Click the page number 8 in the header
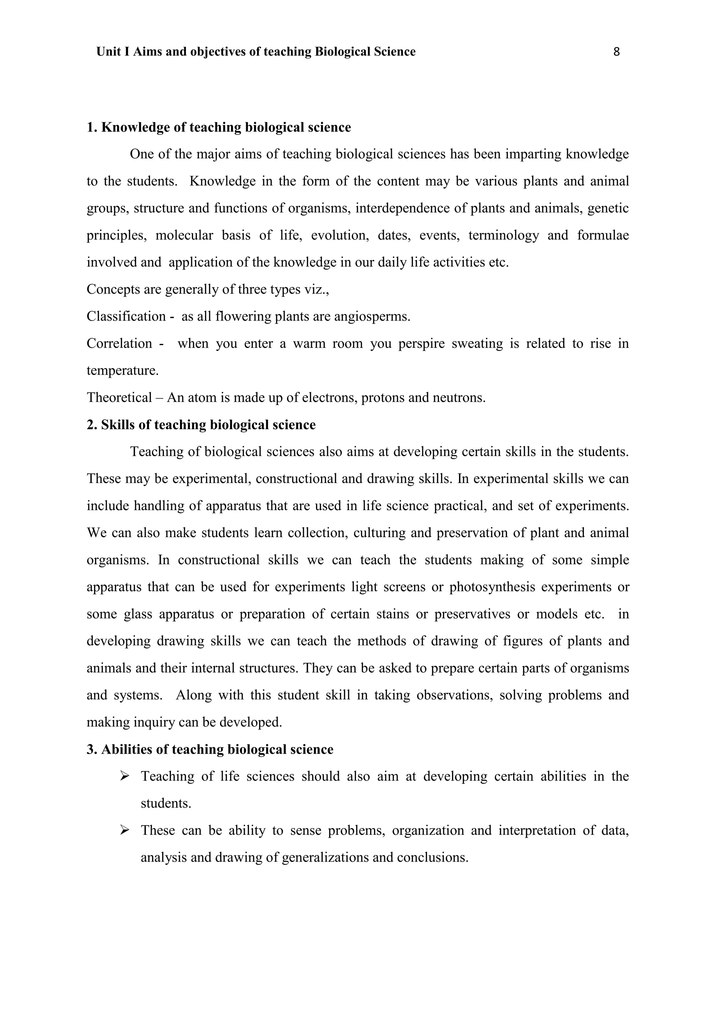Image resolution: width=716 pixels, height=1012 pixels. click(616, 52)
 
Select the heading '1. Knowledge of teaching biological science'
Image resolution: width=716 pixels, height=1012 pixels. click(219, 128)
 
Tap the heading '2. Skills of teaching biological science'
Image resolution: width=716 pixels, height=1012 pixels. click(201, 425)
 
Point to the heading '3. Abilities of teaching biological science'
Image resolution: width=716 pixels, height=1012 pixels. click(210, 750)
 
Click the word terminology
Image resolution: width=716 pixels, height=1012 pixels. click(503, 236)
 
